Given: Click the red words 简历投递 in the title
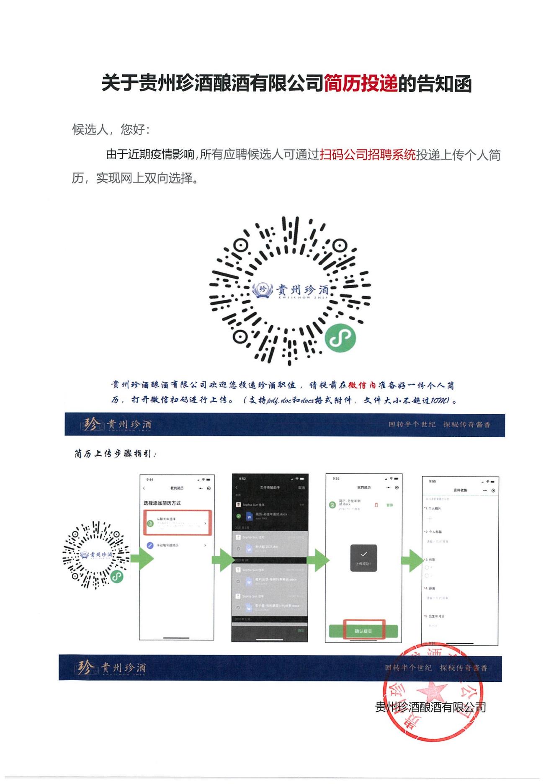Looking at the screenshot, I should pos(361,83).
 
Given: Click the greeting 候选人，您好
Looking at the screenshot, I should pos(111,129).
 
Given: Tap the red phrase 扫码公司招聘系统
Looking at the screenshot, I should pos(368,155).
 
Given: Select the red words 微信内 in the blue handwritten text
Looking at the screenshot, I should pos(362,385).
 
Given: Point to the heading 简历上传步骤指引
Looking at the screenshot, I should pos(115,454).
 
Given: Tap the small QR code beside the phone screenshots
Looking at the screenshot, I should pos(95,555).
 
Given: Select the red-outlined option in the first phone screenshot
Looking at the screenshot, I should pos(177,523).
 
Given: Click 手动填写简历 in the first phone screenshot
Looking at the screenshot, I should pos(167,545).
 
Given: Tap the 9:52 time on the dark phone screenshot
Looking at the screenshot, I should pos(242,479).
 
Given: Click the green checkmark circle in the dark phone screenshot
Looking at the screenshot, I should pos(239,516).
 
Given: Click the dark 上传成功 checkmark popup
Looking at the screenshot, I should pos(363,558).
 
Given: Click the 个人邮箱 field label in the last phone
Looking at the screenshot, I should pos(435,532).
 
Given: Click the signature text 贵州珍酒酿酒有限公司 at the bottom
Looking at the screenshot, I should pos(430,707).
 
